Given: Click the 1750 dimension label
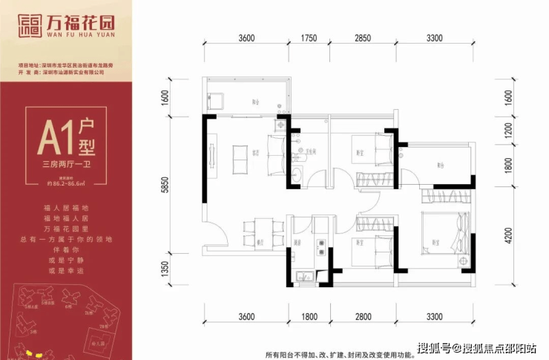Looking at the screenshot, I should click(x=309, y=38).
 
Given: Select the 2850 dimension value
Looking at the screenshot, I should click(x=363, y=38).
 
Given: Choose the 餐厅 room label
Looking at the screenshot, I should click(x=260, y=242).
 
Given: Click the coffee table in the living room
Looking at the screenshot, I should click(x=239, y=154).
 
